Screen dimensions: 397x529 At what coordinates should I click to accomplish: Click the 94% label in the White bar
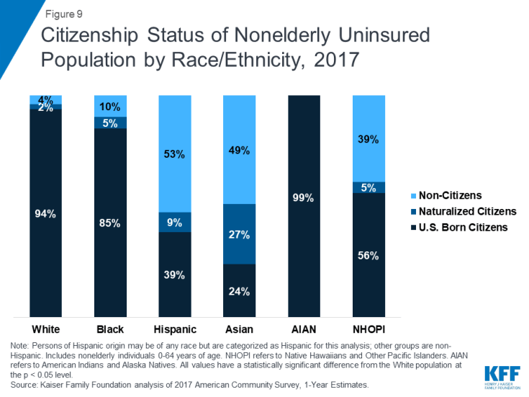pos(45,213)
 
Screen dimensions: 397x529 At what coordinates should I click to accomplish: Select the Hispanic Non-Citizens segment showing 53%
pos(175,153)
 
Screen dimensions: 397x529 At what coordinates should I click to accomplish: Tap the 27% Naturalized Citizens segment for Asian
pos(240,234)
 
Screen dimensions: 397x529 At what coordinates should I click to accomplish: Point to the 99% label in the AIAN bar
pos(304,198)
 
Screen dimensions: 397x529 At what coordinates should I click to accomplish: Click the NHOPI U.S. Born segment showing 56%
pos(369,254)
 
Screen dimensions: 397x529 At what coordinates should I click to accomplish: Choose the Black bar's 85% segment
pos(110,223)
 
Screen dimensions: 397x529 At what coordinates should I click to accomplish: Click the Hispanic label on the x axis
pos(175,329)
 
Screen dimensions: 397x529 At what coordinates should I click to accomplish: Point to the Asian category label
pos(240,329)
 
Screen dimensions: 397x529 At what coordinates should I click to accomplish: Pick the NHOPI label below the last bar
pos(369,329)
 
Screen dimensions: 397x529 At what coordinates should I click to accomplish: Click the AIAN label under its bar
pos(304,329)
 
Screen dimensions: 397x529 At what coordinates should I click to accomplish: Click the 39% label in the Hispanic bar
pos(175,275)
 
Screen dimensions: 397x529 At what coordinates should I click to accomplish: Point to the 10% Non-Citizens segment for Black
pos(110,106)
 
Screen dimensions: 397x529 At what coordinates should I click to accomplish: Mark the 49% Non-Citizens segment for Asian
pos(240,151)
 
